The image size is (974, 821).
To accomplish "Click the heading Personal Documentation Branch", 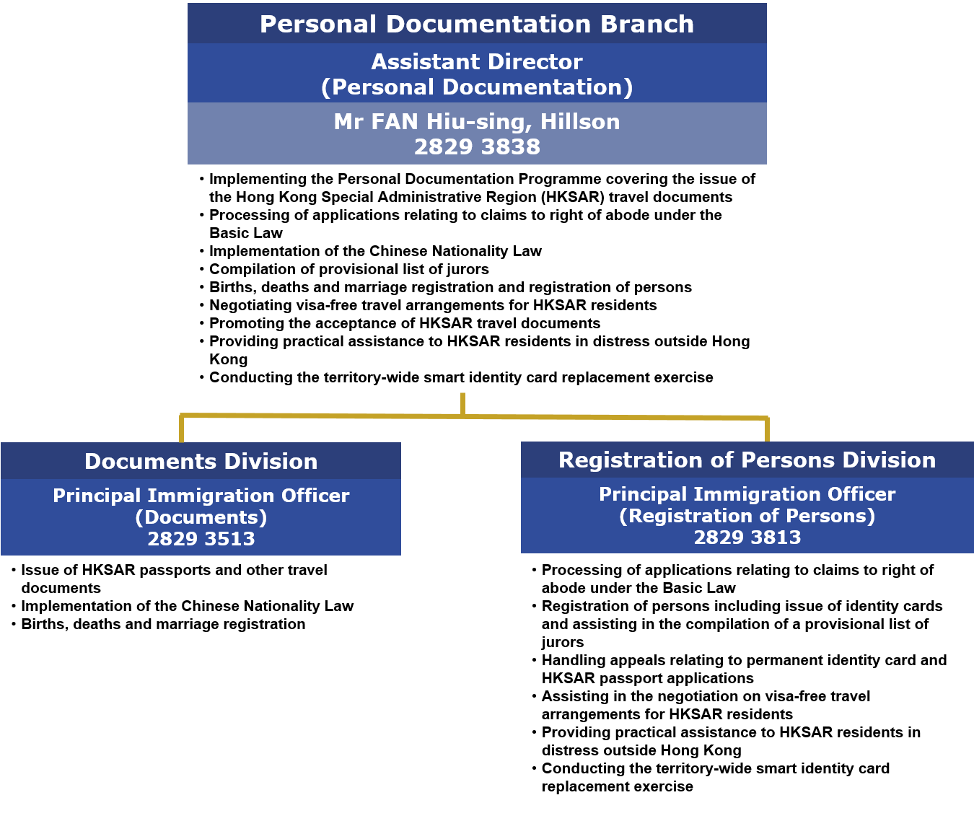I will click(x=476, y=25).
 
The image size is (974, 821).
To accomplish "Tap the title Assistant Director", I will click(x=476, y=62).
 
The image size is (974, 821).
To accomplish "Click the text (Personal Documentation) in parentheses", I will click(x=476, y=87).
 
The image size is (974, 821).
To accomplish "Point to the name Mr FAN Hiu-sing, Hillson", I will click(x=476, y=122).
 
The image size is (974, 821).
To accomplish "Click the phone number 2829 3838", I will click(x=476, y=147).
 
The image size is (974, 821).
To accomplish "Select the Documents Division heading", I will click(x=201, y=462).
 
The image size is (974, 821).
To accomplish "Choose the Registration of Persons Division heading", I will click(x=747, y=460).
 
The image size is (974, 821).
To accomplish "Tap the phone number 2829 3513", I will click(x=201, y=540).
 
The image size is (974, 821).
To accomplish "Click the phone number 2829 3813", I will click(x=747, y=538).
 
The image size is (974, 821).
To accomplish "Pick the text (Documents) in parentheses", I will click(x=201, y=518).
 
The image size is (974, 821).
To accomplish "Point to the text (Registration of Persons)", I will click(x=747, y=517).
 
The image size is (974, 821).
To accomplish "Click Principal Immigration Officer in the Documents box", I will click(x=201, y=496).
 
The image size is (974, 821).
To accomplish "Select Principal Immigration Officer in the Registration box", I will click(x=747, y=495).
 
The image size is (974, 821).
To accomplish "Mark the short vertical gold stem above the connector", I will click(x=462, y=403).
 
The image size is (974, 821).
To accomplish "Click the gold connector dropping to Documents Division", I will click(x=181, y=429).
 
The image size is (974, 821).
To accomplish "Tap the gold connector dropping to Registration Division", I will click(x=767, y=429).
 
